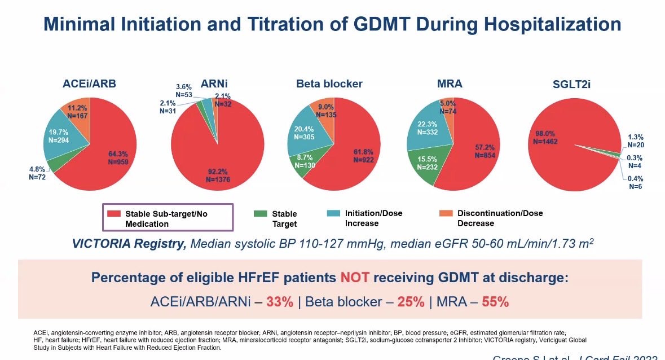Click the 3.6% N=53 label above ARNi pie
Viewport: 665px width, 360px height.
coord(183,91)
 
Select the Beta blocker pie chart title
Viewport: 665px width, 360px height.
coord(329,84)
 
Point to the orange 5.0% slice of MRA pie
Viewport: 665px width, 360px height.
coord(447,107)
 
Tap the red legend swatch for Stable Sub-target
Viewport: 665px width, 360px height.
coord(114,213)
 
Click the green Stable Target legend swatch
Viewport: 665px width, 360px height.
coord(260,213)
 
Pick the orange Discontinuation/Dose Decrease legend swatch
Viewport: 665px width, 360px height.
coord(446,213)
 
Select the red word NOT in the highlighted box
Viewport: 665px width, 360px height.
coord(355,278)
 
